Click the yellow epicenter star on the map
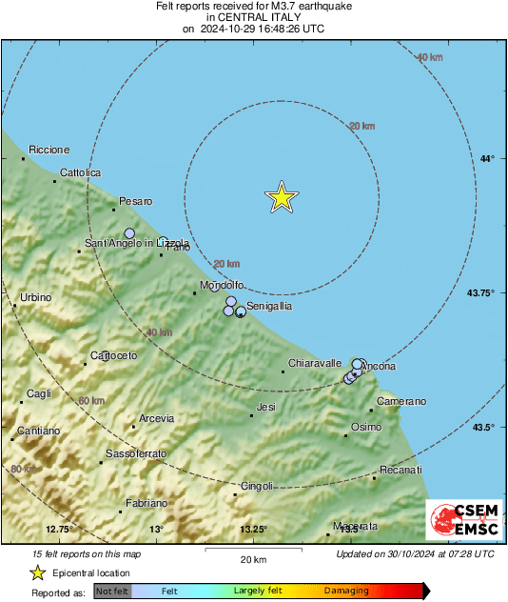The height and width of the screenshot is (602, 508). coord(282,196)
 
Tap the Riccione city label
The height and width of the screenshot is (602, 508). coord(49,150)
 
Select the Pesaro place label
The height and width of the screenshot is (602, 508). coord(135,201)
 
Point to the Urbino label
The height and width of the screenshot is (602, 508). coord(35,298)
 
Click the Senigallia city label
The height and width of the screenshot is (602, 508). coord(268,307)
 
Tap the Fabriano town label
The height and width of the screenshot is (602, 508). coord(147,503)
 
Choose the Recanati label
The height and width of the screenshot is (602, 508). coord(401,471)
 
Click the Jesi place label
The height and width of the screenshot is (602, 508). coord(266,407)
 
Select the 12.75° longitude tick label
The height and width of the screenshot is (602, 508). coord(59,530)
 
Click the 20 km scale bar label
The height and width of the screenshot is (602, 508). coord(252,558)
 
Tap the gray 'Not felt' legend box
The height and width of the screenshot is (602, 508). coord(112,591)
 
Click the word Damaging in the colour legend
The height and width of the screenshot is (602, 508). coord(347,591)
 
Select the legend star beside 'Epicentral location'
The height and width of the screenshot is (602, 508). coord(37,572)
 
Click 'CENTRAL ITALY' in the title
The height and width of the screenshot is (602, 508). coord(252,17)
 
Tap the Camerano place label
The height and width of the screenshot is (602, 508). coord(401,401)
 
